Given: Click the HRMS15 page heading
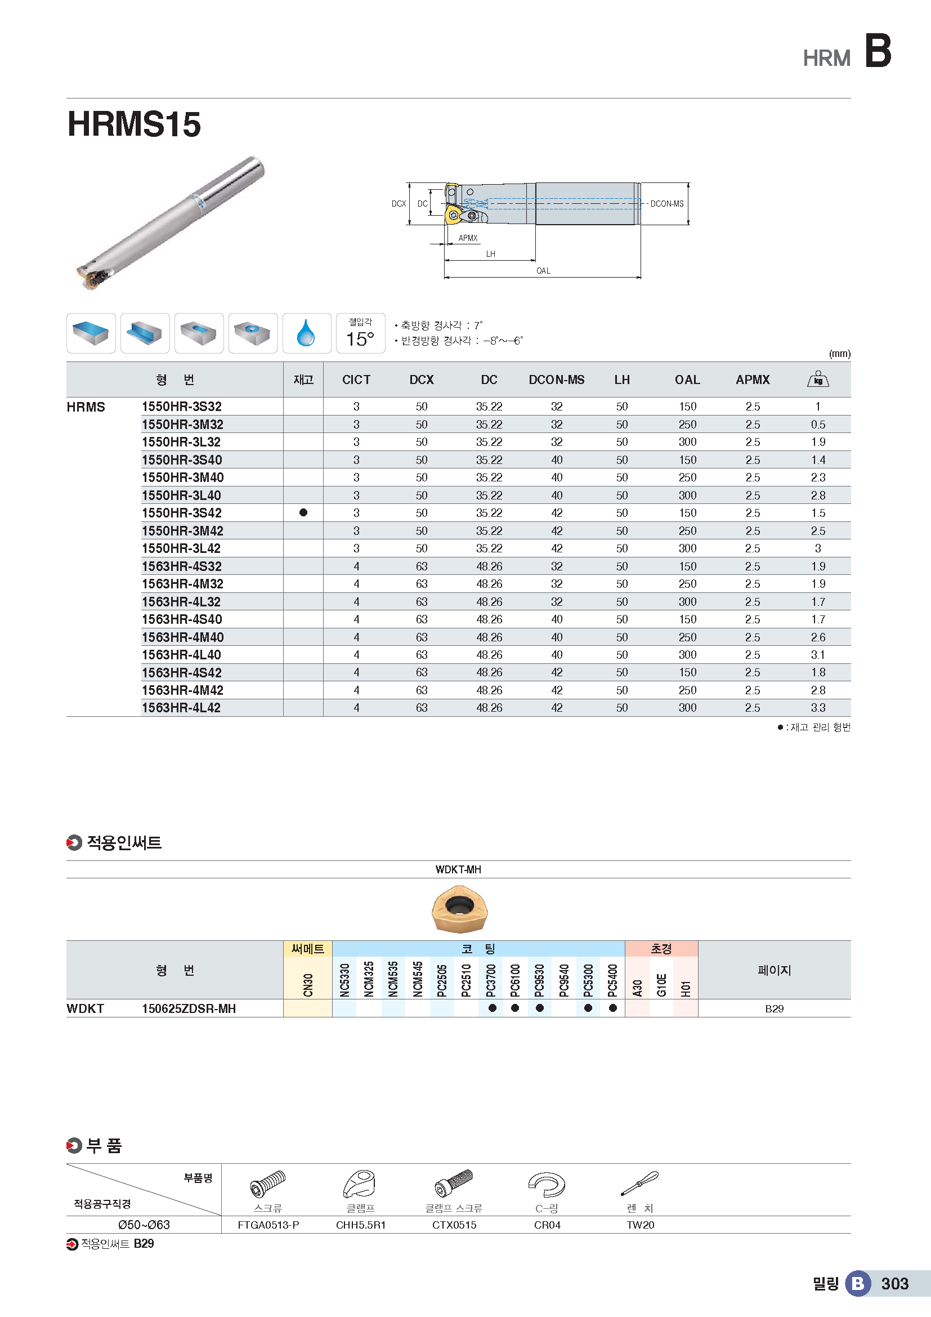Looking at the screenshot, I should pos(134,124).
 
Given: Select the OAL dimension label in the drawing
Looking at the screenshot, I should pos(543,271).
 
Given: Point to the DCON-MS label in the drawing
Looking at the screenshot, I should pos(666,204).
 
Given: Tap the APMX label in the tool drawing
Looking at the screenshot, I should pos(468,238).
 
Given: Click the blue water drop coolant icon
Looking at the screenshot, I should pos(306,333).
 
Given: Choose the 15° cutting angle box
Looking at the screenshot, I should pos(360,333).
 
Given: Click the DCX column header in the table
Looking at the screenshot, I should pos(422,380).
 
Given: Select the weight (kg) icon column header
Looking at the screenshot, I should pos(817,379).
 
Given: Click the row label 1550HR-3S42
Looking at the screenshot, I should pos(182,513).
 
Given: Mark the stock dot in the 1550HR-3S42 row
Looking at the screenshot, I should pos(303,513).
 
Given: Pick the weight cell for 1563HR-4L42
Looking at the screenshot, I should pos(817,708).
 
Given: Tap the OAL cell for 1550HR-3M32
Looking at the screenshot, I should pos(687,425).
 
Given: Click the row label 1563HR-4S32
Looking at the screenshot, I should pos(182,566).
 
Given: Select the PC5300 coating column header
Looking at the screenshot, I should pos(588,980).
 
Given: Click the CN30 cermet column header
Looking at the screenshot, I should pos(308,984).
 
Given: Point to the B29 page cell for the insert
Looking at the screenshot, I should pos(774,1008).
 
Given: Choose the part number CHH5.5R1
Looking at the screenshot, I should pos(361,1225).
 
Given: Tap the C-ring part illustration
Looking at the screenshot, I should pos(547,1184).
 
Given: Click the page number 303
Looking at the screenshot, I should pos(894,1284).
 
